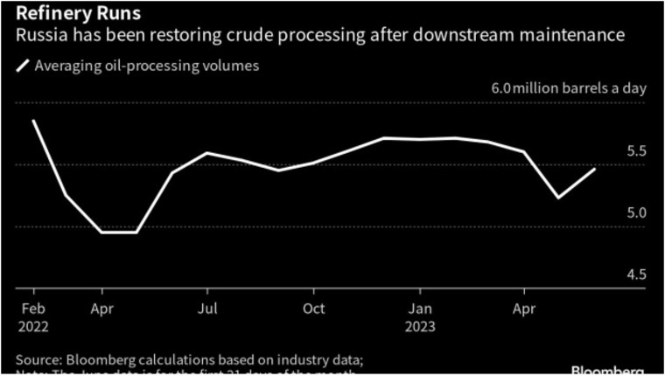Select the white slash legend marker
pos(23,66)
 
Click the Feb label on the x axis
pos(33,309)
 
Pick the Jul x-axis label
pos(206,309)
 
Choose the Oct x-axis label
pos(313,309)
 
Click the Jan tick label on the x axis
pos(421,309)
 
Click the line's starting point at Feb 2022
pos(33,121)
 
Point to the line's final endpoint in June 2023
pos(595,169)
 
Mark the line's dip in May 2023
pos(559,198)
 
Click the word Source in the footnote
pos(38,359)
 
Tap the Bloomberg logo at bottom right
pos(612,369)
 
